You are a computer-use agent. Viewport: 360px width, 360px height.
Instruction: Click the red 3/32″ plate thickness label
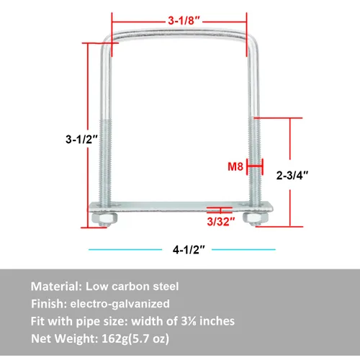(x=221, y=222)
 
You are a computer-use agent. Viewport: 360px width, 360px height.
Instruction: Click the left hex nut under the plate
(x=100, y=218)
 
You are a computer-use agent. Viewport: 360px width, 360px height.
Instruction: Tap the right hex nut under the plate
(x=252, y=218)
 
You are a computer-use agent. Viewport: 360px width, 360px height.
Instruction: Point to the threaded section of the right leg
(x=254, y=158)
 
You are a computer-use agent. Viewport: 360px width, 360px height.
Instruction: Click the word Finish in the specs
(x=49, y=303)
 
